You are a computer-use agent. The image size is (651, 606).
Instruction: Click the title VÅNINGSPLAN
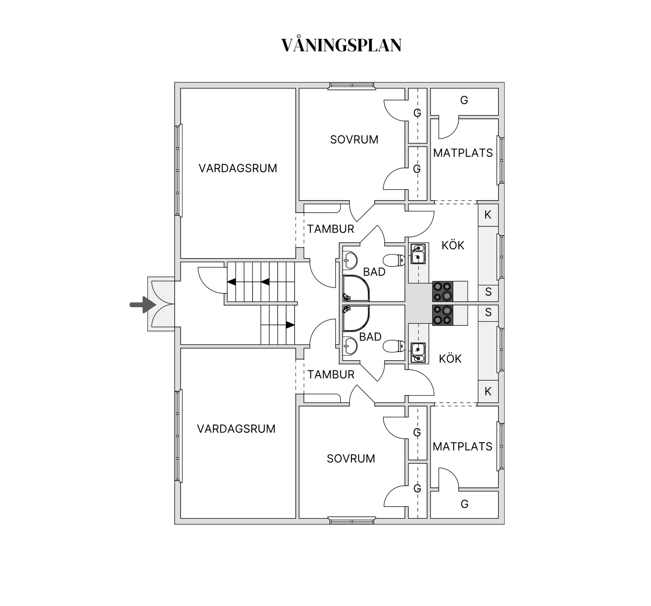click(x=341, y=45)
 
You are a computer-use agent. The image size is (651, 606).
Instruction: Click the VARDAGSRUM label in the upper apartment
click(x=238, y=168)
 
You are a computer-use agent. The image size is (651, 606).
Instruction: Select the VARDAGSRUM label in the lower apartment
click(x=236, y=429)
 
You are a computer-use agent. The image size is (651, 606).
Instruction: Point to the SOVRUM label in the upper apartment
click(x=354, y=139)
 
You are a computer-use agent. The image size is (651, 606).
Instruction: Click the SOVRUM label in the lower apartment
click(x=351, y=458)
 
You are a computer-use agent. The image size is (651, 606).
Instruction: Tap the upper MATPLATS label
click(x=463, y=153)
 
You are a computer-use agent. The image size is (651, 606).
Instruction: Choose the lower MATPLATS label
click(x=462, y=447)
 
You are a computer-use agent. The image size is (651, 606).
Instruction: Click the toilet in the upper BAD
click(x=394, y=260)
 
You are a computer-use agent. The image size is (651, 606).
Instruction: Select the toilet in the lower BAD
click(x=394, y=346)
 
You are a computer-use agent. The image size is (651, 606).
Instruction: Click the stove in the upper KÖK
click(x=443, y=291)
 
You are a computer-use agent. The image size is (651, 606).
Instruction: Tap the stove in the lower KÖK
click(x=443, y=315)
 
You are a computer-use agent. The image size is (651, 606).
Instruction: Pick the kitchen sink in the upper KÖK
click(x=418, y=254)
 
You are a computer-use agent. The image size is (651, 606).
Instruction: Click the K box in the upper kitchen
click(x=488, y=215)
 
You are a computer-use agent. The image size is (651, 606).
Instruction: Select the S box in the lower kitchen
click(x=488, y=312)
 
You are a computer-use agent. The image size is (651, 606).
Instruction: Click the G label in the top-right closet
click(x=464, y=100)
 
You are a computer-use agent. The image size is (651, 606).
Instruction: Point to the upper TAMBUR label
click(x=331, y=229)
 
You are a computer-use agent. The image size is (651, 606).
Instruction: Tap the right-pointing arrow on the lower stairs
click(x=290, y=325)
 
